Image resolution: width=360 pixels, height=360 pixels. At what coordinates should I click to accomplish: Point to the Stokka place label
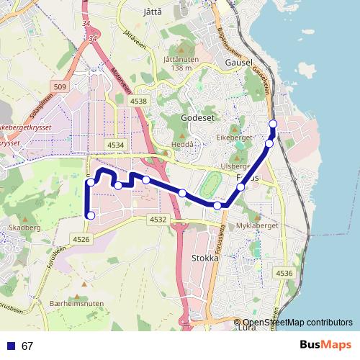[x=204, y=256]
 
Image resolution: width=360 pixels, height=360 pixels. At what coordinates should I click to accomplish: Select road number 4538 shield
[x=138, y=102]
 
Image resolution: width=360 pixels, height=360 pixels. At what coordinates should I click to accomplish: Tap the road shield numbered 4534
[x=115, y=145]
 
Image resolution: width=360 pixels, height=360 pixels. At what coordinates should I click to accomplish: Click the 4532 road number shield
[x=158, y=219]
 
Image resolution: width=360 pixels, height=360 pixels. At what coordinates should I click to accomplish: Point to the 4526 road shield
[x=81, y=239]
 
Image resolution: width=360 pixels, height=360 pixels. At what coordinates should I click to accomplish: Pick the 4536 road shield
[x=284, y=273]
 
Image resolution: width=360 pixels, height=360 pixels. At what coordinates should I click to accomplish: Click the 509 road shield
[x=60, y=88]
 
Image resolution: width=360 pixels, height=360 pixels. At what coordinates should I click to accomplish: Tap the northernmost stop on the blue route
[x=273, y=125]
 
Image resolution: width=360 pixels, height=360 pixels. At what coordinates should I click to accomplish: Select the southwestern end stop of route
[x=91, y=215]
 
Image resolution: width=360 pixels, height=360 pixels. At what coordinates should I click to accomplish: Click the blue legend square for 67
[x=10, y=346]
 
